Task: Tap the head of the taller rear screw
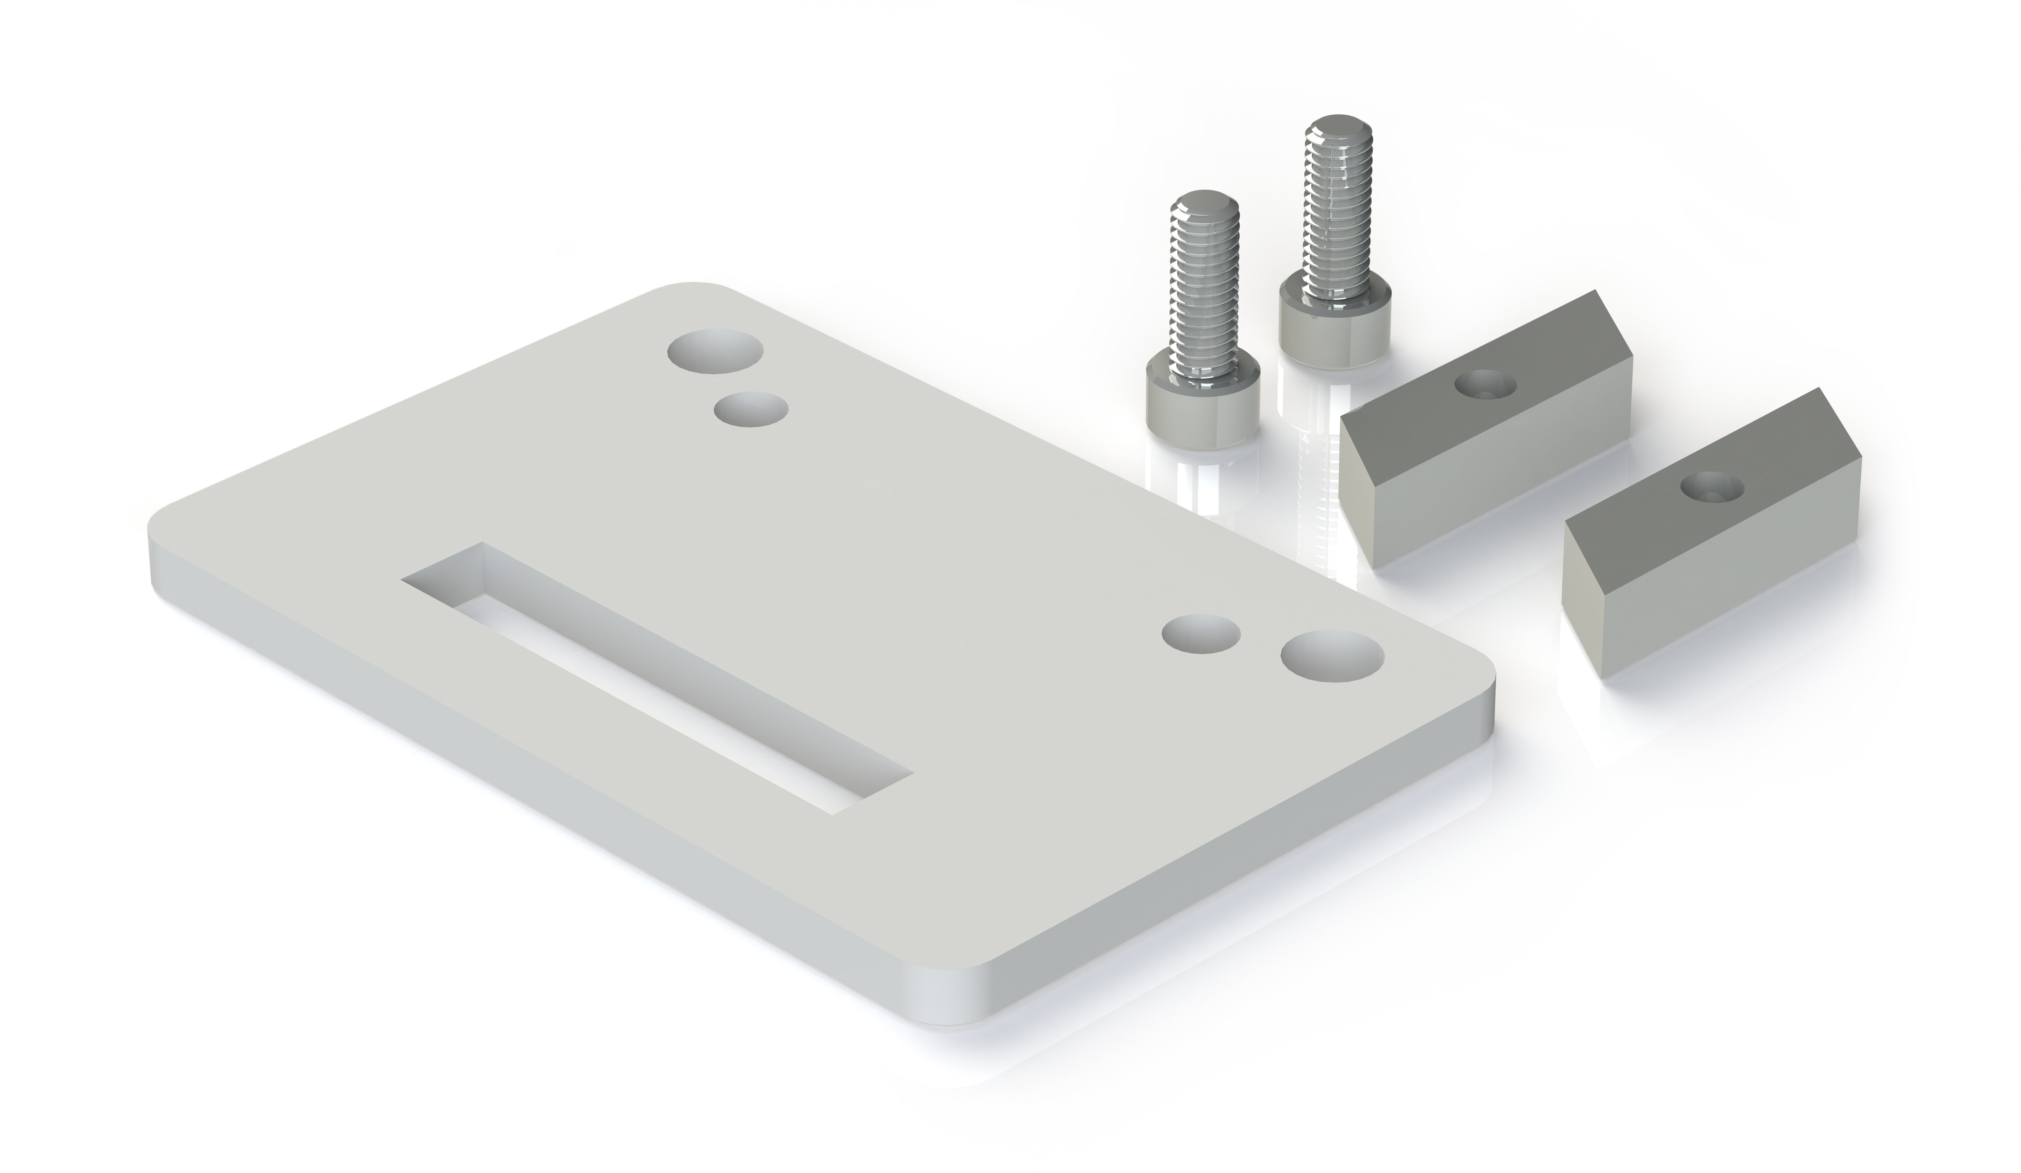point(1333,329)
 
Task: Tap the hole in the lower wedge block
point(1712,485)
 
